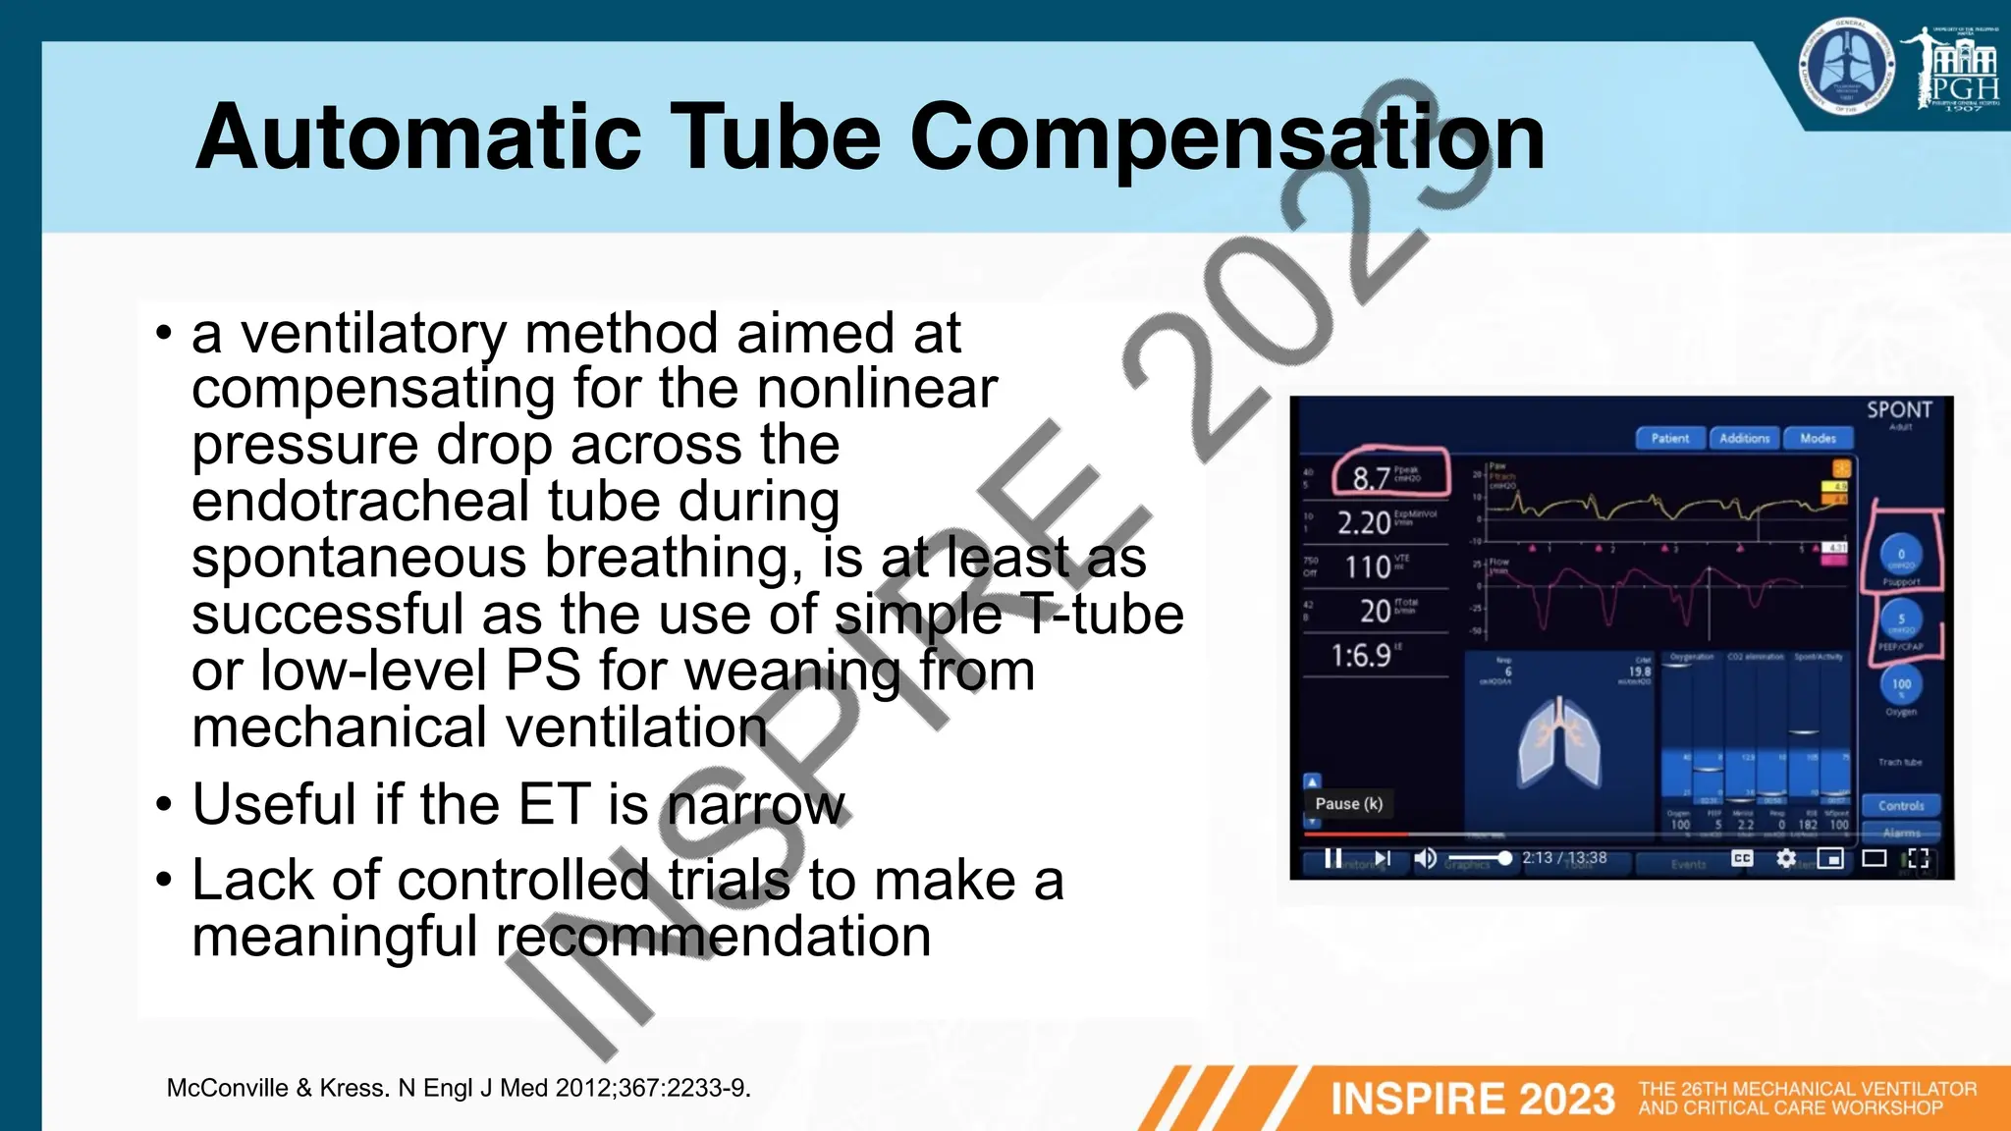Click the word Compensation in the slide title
(x=1227, y=137)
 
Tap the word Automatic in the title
(x=418, y=137)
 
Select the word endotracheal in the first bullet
(x=361, y=501)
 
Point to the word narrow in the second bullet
(x=756, y=805)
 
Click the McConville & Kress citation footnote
(x=459, y=1088)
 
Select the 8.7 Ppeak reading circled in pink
(x=1372, y=478)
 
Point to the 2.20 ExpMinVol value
(x=1365, y=522)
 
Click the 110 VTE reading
(x=1367, y=566)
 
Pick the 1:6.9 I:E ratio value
(x=1361, y=655)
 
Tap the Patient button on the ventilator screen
(x=1670, y=439)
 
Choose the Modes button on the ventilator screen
(x=1818, y=439)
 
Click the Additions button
(x=1745, y=439)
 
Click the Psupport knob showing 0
(x=1901, y=556)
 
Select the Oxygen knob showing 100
(x=1901, y=684)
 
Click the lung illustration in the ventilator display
(x=1559, y=742)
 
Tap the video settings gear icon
(x=1786, y=859)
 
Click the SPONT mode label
(x=1899, y=410)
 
